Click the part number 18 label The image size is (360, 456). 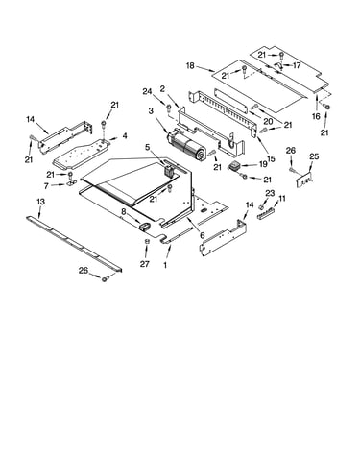(x=190, y=66)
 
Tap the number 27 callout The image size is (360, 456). (x=145, y=264)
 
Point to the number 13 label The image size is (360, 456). (x=40, y=202)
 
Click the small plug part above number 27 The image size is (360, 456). (x=147, y=241)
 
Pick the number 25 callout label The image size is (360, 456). (x=314, y=156)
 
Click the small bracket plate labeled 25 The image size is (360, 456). (x=304, y=180)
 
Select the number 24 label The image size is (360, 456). (x=147, y=92)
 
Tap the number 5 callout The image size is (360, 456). (x=147, y=147)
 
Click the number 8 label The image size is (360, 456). (x=124, y=211)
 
